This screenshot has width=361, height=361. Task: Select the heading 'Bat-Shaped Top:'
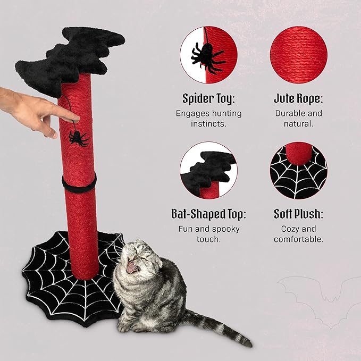pyautogui.click(x=208, y=214)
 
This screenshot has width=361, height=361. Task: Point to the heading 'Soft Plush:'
pyautogui.click(x=298, y=214)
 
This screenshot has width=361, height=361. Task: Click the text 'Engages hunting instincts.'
pyautogui.click(x=208, y=118)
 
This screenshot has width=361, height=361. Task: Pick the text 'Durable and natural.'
pyautogui.click(x=298, y=118)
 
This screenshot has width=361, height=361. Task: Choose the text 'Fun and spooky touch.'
pyautogui.click(x=208, y=234)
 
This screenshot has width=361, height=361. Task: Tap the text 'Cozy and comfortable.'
pyautogui.click(x=298, y=234)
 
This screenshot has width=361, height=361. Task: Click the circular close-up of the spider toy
pyautogui.click(x=208, y=55)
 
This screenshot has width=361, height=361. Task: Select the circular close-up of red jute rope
pyautogui.click(x=298, y=55)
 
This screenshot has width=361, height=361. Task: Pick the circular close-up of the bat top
pyautogui.click(x=208, y=171)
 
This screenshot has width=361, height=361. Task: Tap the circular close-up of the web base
pyautogui.click(x=298, y=171)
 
